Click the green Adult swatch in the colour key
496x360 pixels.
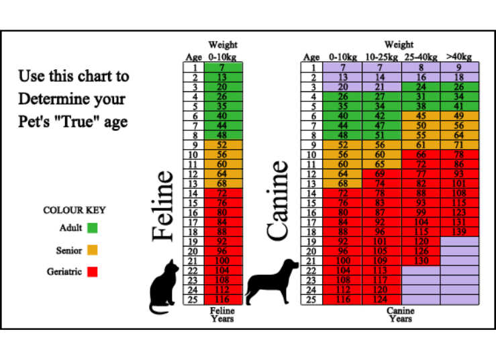point(93,228)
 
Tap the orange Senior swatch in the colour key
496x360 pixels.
point(93,251)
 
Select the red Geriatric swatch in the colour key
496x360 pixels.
point(93,273)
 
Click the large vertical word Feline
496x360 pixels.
point(163,206)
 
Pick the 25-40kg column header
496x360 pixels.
point(421,57)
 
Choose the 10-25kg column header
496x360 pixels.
point(382,57)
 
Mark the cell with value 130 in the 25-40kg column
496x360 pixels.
point(421,261)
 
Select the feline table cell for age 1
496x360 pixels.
point(222,67)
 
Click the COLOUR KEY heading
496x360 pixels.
point(75,210)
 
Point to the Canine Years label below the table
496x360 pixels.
point(400,314)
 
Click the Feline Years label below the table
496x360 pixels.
point(222,314)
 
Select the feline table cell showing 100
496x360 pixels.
point(222,261)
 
